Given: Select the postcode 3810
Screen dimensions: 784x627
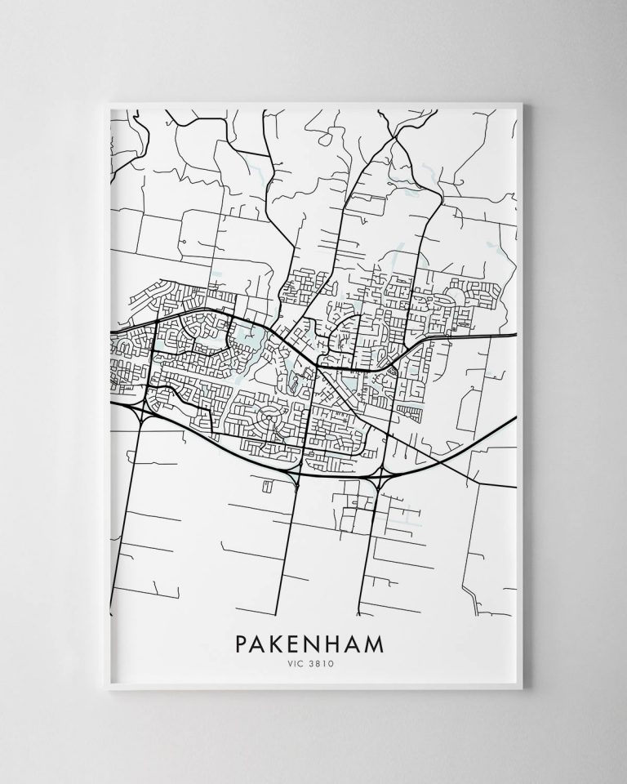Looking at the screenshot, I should click(322, 665).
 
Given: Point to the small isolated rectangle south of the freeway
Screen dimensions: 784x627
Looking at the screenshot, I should click(266, 486).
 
